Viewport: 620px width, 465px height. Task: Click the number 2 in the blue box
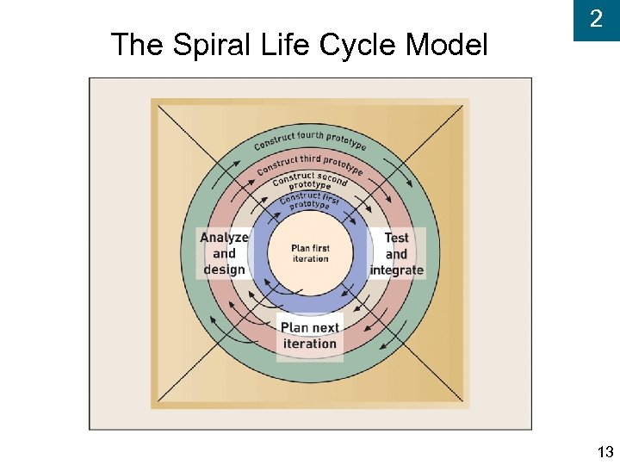pos(596,19)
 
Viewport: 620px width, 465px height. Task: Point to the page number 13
pos(604,452)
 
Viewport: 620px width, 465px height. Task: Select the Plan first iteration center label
pos(310,253)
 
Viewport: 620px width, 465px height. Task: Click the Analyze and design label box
pos(225,253)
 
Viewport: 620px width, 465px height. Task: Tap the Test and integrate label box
pos(396,253)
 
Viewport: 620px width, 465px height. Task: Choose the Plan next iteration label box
pos(310,336)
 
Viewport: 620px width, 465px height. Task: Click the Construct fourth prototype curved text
pos(310,139)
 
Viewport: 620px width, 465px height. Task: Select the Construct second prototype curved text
pos(310,182)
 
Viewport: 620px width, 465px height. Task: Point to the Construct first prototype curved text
pos(310,201)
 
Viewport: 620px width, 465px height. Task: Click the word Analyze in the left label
pos(225,238)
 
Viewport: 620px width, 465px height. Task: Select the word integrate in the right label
pos(396,270)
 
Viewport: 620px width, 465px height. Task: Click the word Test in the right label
pos(396,238)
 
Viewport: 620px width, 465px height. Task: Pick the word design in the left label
pos(225,270)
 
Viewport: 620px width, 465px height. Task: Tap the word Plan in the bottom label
pos(295,328)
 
